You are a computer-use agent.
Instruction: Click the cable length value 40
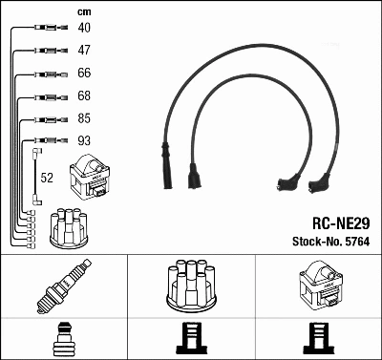point(83,28)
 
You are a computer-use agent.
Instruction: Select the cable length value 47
point(83,51)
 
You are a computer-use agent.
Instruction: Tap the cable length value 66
point(83,74)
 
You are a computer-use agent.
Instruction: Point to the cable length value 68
point(83,96)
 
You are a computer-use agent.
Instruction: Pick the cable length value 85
point(83,119)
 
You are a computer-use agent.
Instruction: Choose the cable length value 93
point(83,142)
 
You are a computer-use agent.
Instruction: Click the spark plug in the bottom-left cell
point(64,289)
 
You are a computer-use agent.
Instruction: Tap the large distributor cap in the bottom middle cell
point(191,286)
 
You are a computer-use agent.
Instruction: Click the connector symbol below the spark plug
point(64,341)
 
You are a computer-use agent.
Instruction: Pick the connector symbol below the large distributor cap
point(191,341)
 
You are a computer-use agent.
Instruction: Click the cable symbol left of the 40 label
point(45,28)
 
